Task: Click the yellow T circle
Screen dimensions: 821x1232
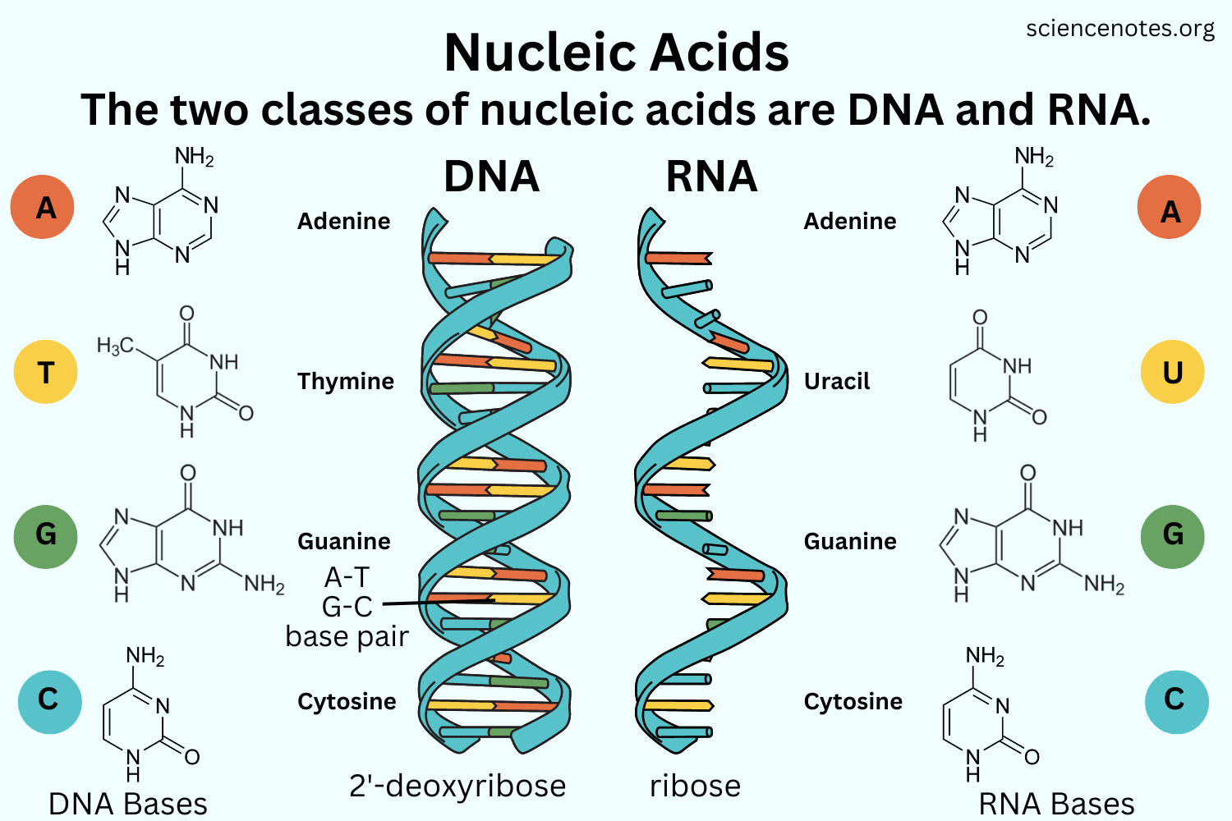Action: (x=45, y=372)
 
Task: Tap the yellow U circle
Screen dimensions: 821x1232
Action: (x=1173, y=372)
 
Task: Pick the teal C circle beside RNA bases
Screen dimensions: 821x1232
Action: (x=1176, y=700)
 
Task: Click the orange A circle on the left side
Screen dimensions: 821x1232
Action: (x=43, y=207)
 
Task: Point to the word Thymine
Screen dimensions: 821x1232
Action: (x=345, y=381)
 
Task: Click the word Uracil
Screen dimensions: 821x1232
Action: (x=836, y=381)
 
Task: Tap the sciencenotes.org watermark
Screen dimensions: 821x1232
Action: (x=1119, y=29)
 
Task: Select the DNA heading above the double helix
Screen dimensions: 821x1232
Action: (x=491, y=177)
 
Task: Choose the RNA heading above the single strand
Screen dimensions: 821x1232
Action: (x=711, y=177)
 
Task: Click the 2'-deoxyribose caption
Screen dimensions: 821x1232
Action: (x=457, y=786)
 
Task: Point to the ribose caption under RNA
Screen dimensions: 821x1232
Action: (x=695, y=786)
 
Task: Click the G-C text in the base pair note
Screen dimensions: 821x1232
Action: (x=347, y=607)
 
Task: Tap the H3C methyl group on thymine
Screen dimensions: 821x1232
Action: (x=115, y=346)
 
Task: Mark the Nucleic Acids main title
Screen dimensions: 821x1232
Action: (x=616, y=53)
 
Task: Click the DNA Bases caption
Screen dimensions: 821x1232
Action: (x=128, y=803)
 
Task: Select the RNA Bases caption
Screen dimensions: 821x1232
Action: (x=1056, y=803)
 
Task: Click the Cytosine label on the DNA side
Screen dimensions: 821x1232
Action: (x=347, y=702)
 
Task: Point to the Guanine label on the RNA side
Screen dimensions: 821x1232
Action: (x=850, y=541)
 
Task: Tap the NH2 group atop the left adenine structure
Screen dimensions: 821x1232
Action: (x=194, y=157)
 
